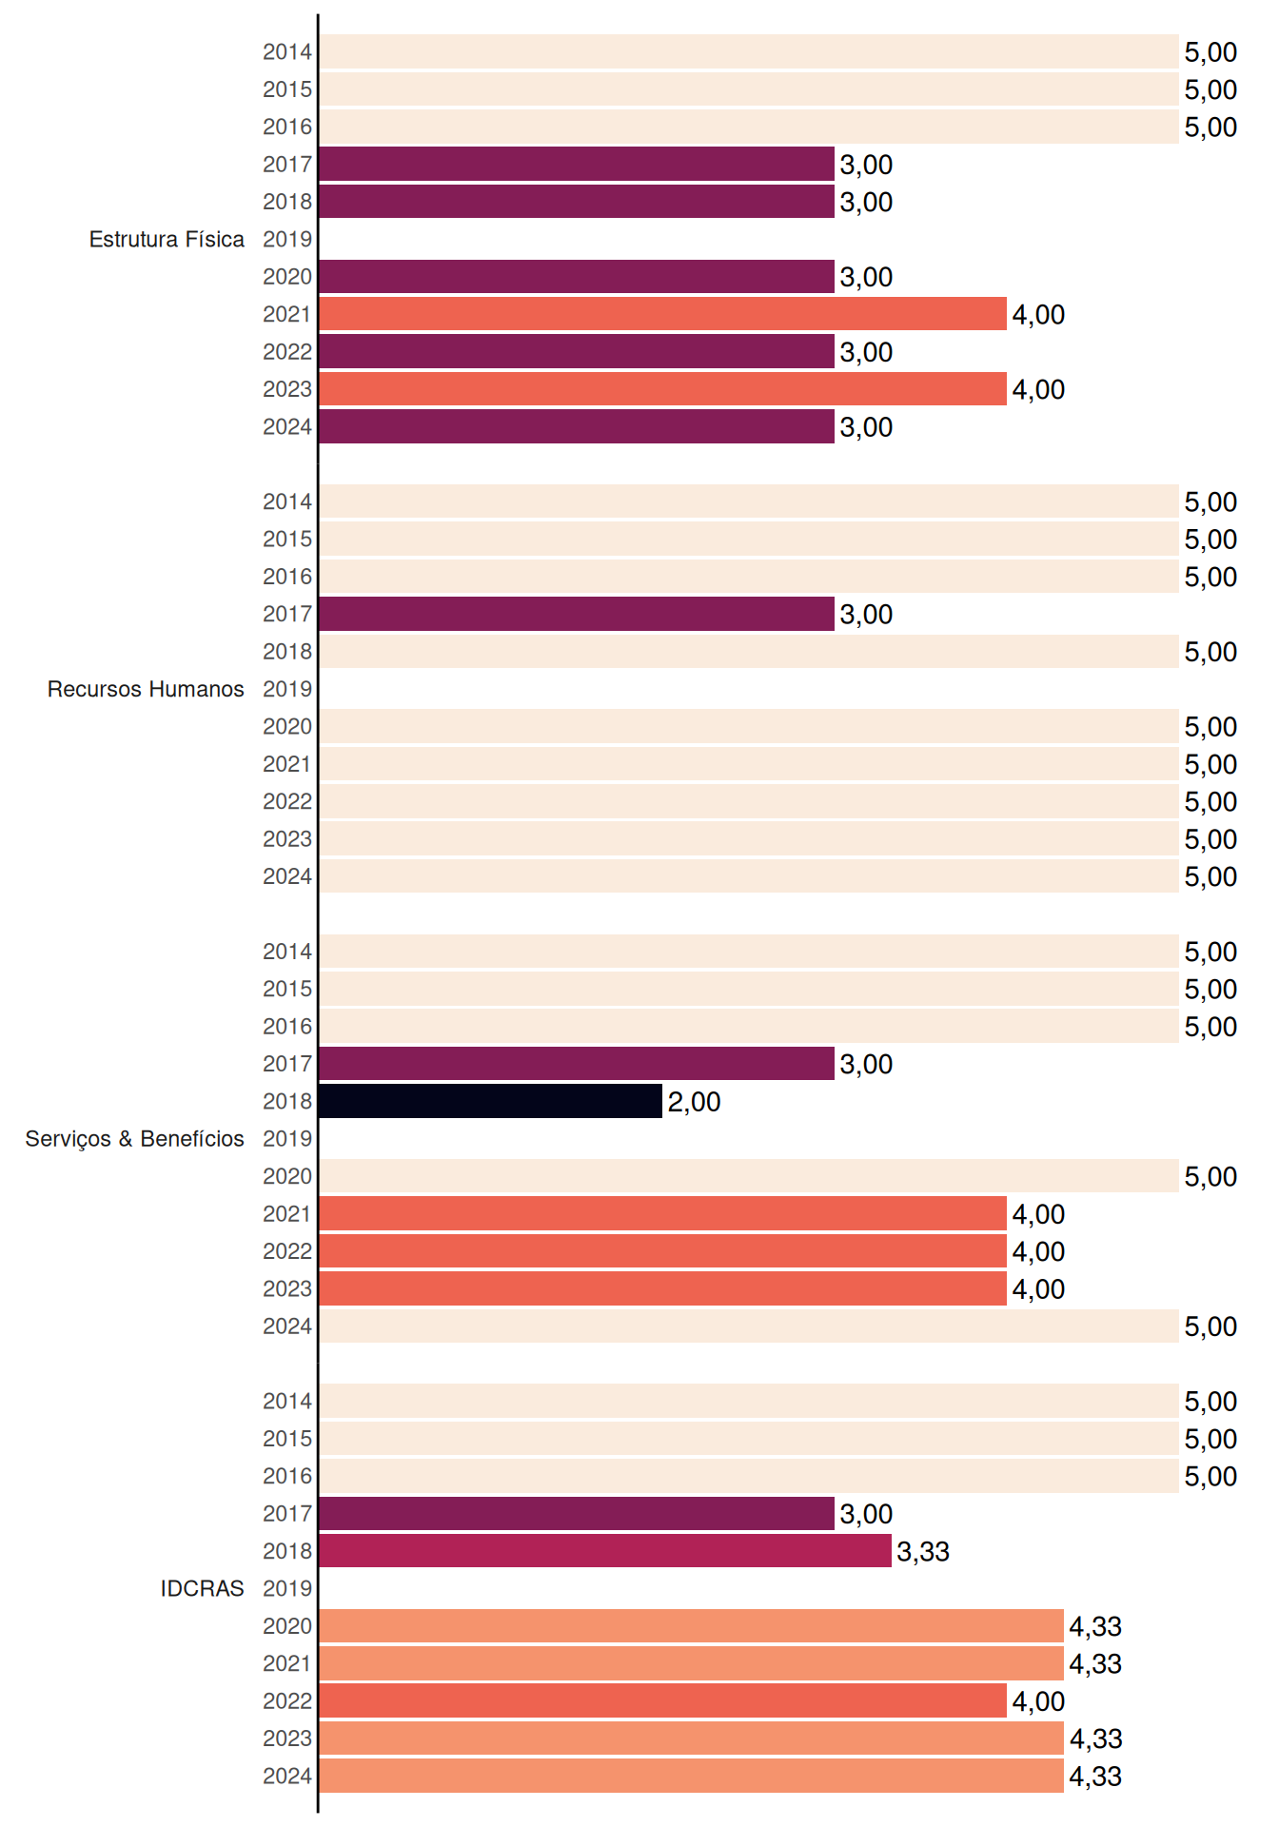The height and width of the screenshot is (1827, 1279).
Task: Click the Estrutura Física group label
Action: pos(167,239)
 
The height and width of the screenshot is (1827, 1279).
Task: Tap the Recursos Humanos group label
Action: pos(146,689)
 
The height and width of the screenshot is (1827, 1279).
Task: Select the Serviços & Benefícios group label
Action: pos(134,1139)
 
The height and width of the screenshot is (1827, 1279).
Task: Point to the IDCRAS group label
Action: pos(202,1588)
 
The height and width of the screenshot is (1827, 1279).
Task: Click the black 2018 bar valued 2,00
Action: pos(490,1101)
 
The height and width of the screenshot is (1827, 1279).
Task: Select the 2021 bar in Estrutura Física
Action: pos(662,314)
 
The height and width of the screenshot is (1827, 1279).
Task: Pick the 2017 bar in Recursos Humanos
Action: pos(577,614)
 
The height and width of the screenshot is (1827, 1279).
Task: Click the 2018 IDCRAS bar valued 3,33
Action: pos(605,1551)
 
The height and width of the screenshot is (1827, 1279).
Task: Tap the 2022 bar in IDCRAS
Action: pos(662,1700)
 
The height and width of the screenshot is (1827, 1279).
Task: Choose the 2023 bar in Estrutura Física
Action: pos(662,389)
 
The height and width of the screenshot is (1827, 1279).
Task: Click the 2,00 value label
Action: pos(694,1102)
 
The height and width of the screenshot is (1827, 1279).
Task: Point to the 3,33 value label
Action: pos(923,1552)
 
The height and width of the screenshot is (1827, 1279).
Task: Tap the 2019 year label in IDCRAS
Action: pos(287,1588)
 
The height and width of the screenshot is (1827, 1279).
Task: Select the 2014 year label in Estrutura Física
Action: pos(287,51)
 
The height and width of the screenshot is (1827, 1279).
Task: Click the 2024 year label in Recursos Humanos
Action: pos(287,876)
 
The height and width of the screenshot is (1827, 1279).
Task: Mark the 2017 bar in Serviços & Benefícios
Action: pos(577,1064)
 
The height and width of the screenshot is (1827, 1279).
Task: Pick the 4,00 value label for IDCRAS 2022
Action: pos(1038,1701)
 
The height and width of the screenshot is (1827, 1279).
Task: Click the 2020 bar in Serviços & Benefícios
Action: pos(749,1176)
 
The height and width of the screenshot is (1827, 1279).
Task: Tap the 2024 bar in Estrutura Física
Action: pos(577,426)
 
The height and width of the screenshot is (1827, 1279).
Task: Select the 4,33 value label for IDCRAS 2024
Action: pos(1095,1777)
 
